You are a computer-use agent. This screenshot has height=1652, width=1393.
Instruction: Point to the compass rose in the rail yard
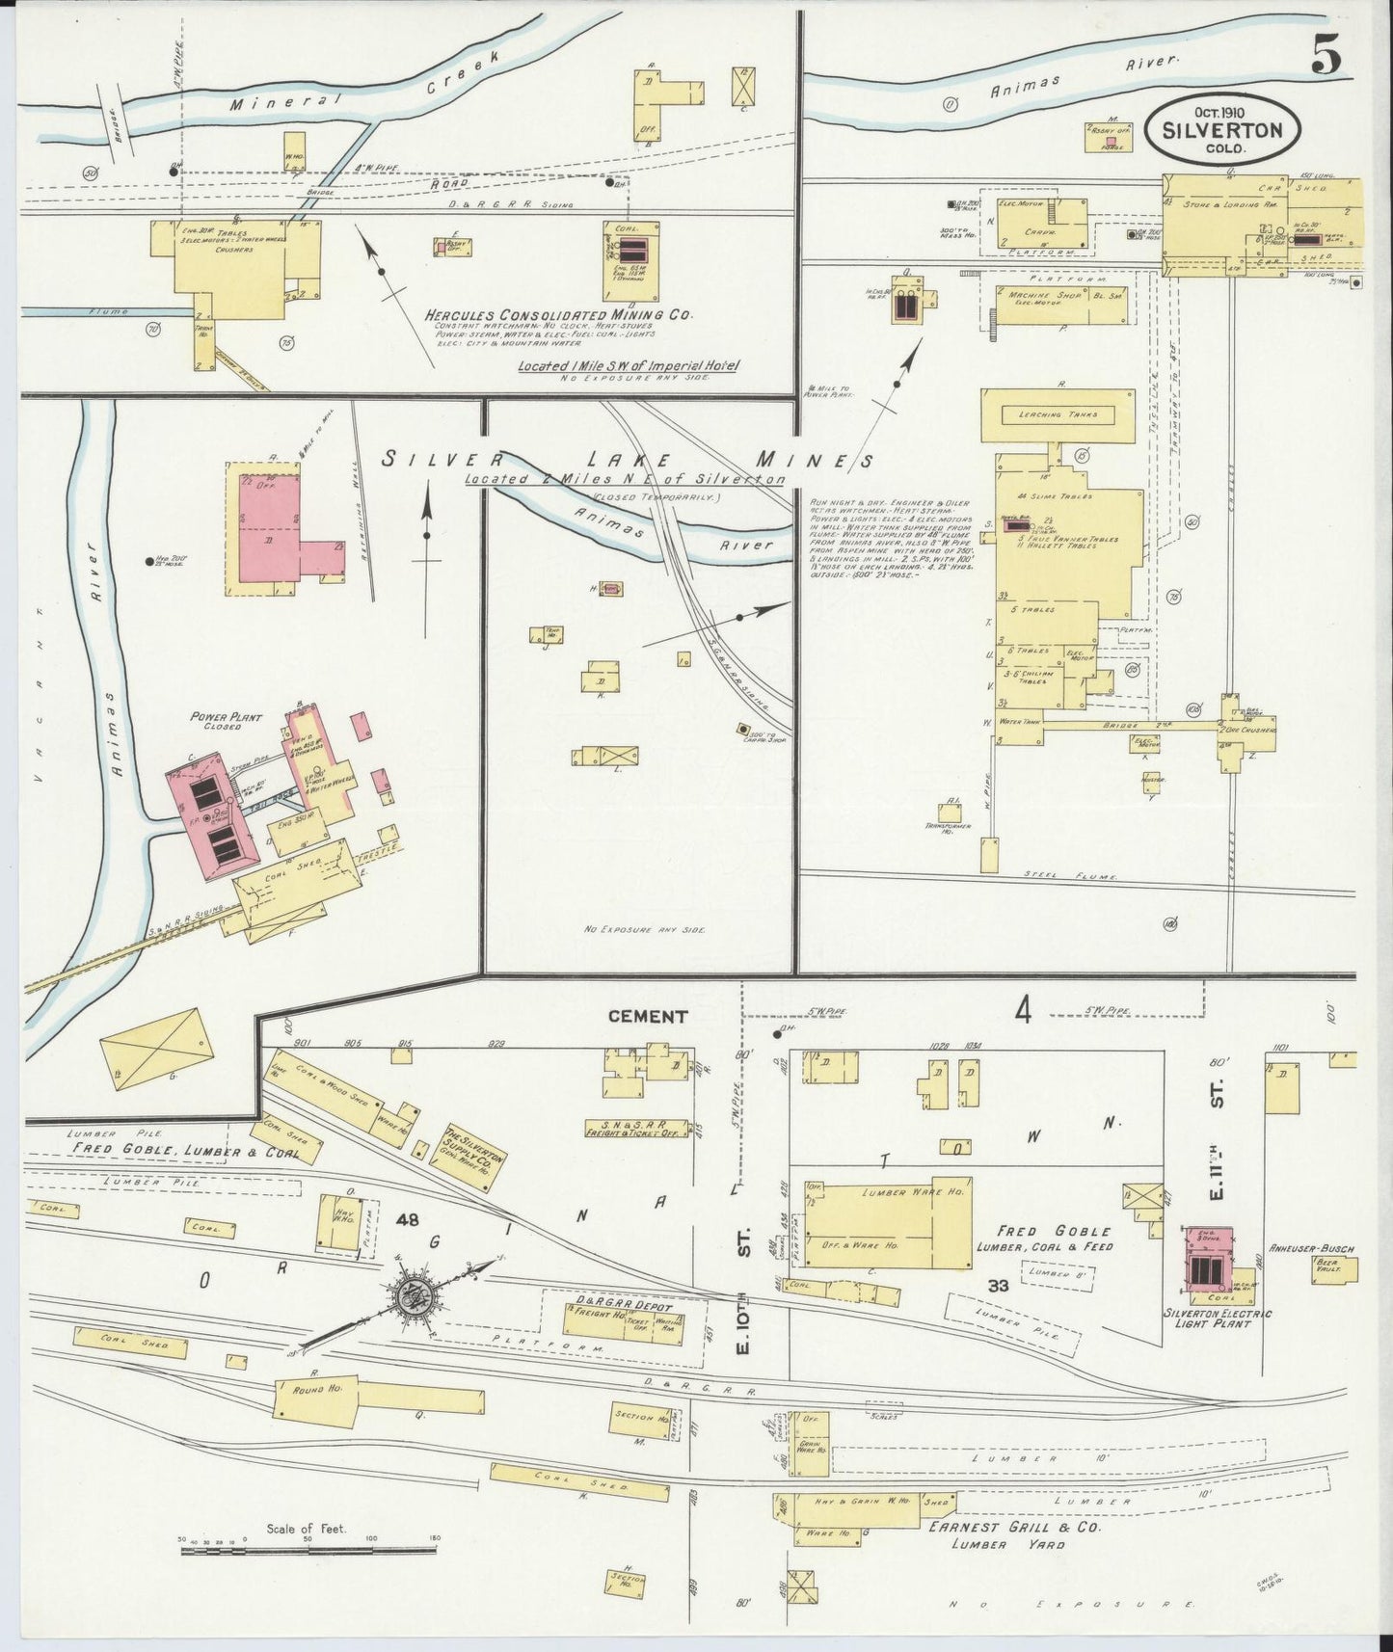419,1296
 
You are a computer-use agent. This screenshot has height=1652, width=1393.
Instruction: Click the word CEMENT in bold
648,1016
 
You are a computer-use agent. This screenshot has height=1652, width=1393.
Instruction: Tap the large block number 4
1023,1010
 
